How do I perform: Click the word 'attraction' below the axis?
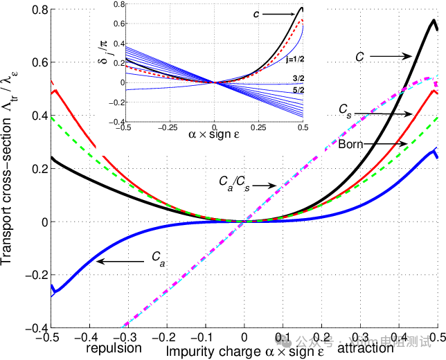click(366, 349)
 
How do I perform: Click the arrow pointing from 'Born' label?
click(389, 144)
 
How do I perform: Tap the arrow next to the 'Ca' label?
click(121, 261)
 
